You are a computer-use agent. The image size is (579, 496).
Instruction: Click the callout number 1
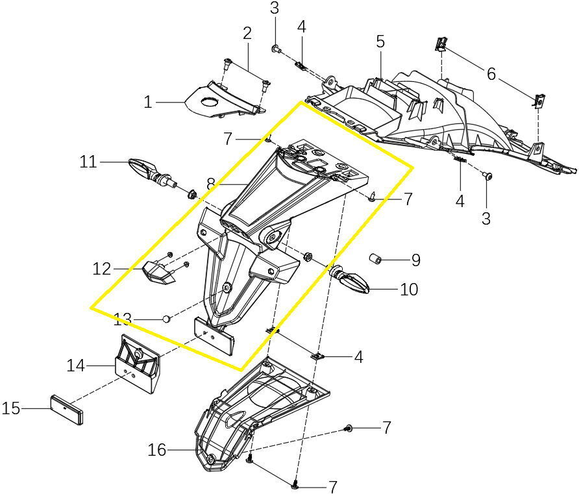pos(148,102)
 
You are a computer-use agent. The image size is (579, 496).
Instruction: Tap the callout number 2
pos(247,32)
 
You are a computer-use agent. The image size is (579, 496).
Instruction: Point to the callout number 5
pos(380,42)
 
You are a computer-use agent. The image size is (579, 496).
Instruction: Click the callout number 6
pos(491,74)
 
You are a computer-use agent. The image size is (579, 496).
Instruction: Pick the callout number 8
pos(210,184)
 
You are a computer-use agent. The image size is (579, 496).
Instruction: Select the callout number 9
pos(415,260)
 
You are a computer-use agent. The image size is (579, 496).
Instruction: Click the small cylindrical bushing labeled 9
pos(376,260)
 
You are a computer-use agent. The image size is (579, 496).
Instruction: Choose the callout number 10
pos(409,289)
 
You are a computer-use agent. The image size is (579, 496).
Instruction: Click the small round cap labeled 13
pos(166,318)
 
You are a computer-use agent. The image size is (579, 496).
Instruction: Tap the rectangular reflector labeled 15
pos(67,409)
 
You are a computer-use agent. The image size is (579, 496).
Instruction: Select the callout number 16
pos(158,449)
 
